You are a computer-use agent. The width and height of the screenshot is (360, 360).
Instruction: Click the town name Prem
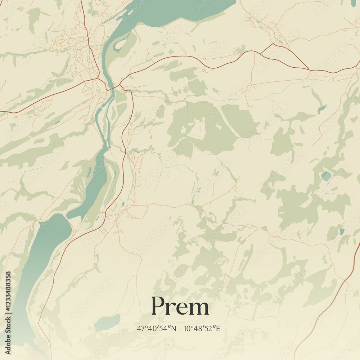tap(180, 307)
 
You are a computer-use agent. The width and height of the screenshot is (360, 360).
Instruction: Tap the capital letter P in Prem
tap(158, 306)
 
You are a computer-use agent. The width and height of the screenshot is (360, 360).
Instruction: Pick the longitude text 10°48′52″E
tap(202, 329)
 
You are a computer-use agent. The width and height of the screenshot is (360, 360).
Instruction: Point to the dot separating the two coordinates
tap(180, 329)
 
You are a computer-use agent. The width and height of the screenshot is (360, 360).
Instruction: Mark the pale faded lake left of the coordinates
tap(107, 322)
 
